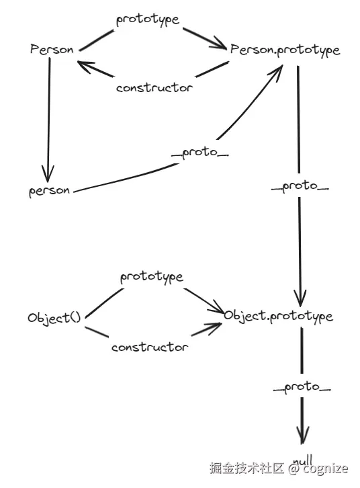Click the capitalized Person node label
tap(52, 50)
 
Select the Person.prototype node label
tap(285, 50)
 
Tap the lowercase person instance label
tap(49, 191)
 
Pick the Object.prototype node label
tap(278, 316)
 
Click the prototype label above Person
tap(148, 19)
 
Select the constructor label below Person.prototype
tap(154, 87)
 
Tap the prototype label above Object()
tap(152, 277)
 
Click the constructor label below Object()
tap(149, 348)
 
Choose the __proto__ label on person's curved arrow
tap(200, 153)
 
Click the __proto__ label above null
tap(302, 388)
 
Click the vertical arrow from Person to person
tap(47, 114)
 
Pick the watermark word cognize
tap(325, 469)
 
